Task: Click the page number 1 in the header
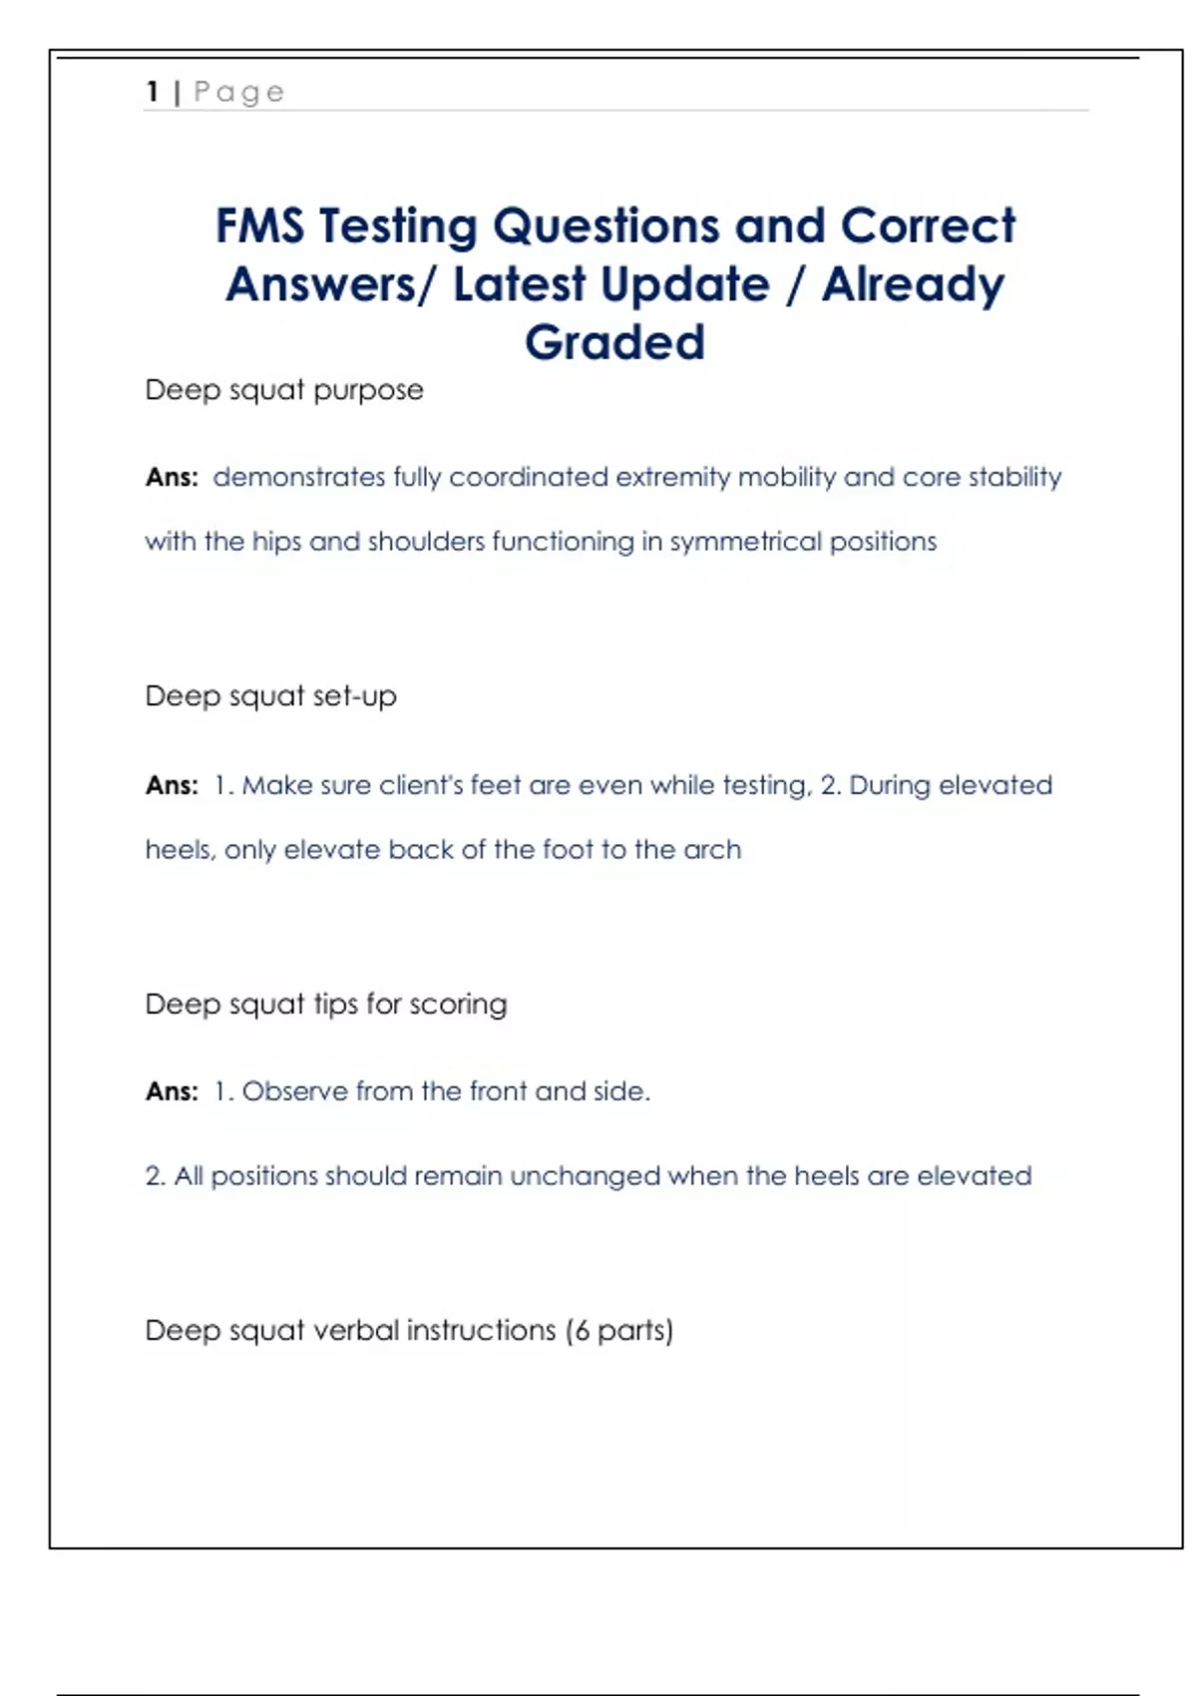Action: click(153, 92)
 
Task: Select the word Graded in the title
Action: click(614, 342)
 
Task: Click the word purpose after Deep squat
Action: click(368, 390)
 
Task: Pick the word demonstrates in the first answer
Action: click(299, 477)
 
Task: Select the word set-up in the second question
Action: click(354, 695)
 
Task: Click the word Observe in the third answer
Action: click(294, 1091)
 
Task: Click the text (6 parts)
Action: click(619, 1331)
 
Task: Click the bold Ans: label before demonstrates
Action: click(172, 477)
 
